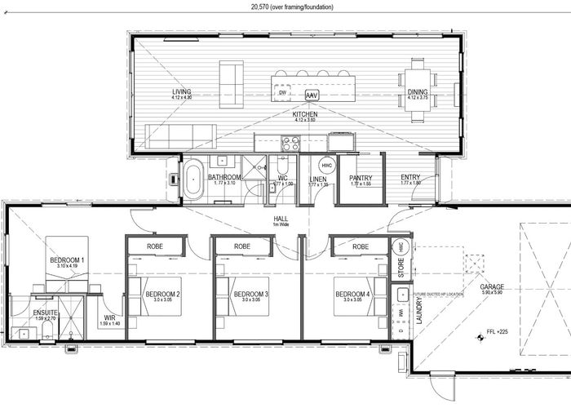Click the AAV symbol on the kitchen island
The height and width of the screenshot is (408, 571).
(312, 95)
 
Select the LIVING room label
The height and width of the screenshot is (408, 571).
(181, 91)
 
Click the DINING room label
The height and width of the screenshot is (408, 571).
(417, 92)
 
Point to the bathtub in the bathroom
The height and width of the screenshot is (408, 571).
(193, 181)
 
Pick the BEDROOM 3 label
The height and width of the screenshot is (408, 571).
(250, 294)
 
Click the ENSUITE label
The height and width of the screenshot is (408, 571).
(46, 312)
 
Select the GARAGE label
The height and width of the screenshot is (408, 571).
(491, 287)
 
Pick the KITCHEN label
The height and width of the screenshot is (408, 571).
(305, 115)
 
